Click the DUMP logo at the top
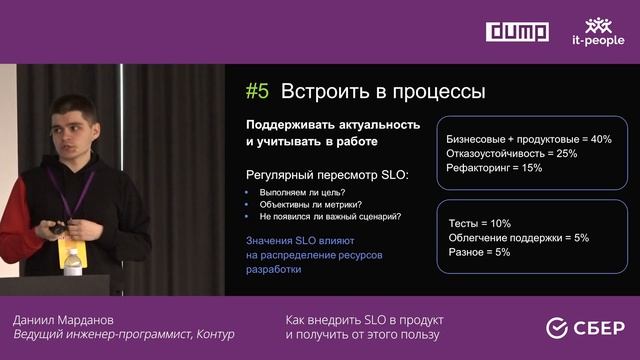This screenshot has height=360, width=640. (517, 32)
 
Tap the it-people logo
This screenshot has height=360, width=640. (598, 32)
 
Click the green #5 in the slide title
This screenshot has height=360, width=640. (258, 92)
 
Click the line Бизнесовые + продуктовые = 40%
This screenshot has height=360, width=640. (528, 139)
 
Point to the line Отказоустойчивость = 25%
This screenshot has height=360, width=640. (512, 154)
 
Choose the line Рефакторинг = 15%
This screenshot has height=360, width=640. (494, 168)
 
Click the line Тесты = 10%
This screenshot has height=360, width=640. (478, 223)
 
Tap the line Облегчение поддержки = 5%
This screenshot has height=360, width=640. (517, 238)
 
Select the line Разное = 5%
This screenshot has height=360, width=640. (478, 252)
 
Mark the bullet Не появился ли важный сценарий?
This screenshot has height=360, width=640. (330, 216)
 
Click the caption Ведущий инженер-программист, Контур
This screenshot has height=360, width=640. (124, 334)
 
